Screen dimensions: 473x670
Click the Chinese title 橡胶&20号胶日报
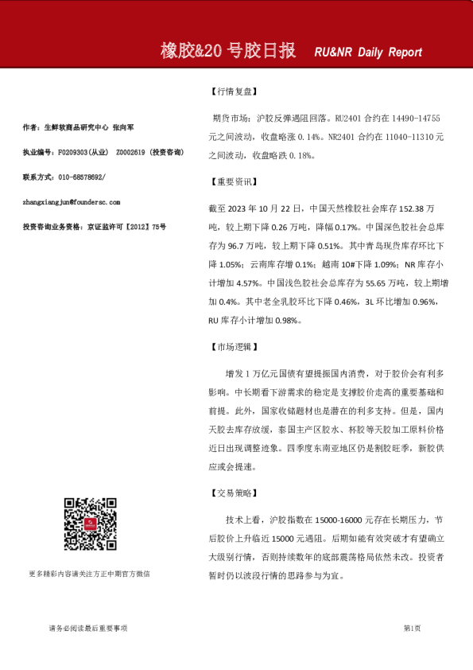[x=228, y=52]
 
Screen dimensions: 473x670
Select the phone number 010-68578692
[x=76, y=177]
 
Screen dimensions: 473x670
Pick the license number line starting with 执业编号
[x=103, y=151]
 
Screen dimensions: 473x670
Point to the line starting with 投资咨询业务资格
[x=95, y=227]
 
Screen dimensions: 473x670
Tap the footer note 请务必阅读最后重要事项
[x=87, y=628]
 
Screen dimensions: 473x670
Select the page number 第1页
[x=412, y=628]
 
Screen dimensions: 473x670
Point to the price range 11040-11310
[x=405, y=137]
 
